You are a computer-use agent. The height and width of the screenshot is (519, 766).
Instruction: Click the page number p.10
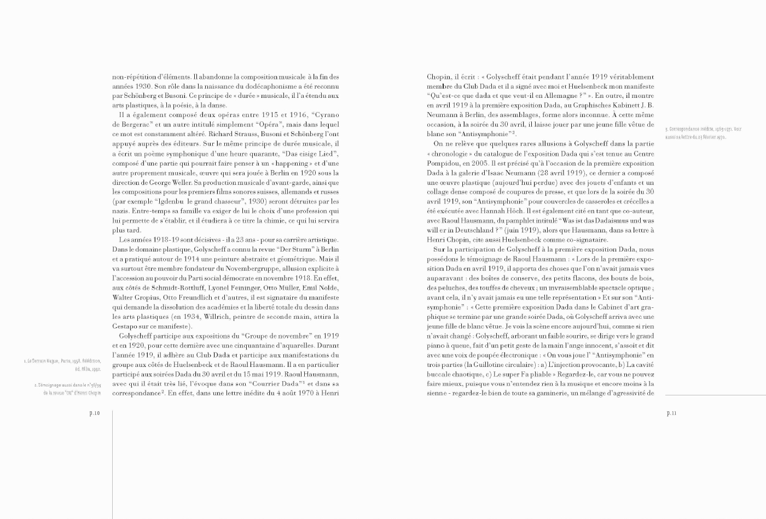[95, 413]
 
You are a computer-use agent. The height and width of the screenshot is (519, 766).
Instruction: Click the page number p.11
[671, 413]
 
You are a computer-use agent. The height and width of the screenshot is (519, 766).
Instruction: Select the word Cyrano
[327, 115]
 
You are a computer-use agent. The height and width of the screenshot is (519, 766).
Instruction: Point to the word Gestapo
[125, 326]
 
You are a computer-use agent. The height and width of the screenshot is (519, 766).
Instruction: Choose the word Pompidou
[442, 163]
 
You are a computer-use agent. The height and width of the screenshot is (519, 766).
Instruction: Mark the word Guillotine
[488, 365]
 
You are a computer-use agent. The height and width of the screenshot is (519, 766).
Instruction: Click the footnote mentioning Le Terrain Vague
[62, 365]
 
